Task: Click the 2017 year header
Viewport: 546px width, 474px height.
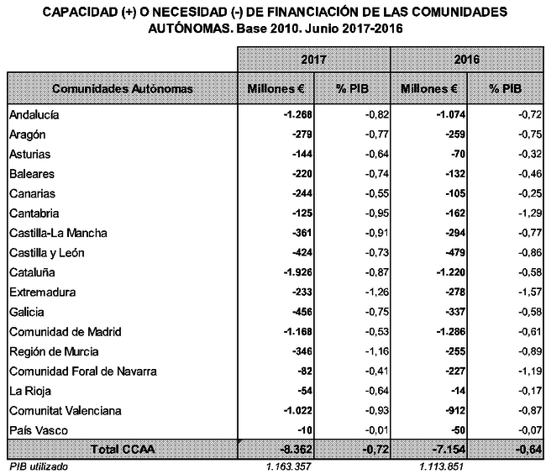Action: tap(313, 59)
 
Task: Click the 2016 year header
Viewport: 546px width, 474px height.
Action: tap(466, 59)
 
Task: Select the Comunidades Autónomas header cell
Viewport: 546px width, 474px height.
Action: tap(123, 88)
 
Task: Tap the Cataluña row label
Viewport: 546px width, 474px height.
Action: tap(32, 272)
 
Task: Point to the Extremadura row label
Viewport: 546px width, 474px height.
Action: tap(43, 292)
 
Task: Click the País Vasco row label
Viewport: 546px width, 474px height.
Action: tap(39, 430)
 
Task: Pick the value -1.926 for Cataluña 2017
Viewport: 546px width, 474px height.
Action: tap(297, 272)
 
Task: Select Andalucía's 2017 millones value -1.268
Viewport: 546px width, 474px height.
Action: tap(297, 114)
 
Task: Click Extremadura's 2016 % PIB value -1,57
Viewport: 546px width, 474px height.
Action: tap(530, 292)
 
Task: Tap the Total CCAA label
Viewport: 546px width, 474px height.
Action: tap(123, 449)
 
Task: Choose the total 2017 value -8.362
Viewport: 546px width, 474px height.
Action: tap(296, 449)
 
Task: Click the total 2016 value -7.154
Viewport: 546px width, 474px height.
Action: tap(449, 449)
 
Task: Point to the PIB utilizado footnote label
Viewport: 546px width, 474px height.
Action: tap(39, 466)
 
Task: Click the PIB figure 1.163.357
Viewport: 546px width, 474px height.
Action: tap(288, 466)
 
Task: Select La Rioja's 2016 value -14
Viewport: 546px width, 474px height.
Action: tap(458, 391)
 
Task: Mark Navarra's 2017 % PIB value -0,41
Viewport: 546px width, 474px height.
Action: tap(377, 371)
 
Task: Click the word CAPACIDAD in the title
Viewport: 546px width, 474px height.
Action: tap(81, 12)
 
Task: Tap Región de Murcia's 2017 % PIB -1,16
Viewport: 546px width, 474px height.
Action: tap(377, 351)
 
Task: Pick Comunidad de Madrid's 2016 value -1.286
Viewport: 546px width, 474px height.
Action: tap(451, 331)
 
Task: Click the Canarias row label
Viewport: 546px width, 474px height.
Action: tap(32, 193)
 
